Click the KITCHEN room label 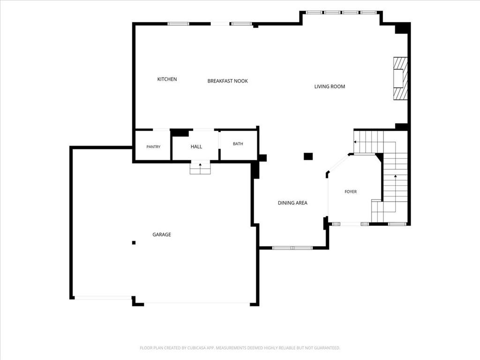point(167,79)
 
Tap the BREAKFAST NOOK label point(227,81)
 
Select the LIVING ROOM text point(330,87)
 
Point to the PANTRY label point(153,147)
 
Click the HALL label point(196,147)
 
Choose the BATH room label point(238,143)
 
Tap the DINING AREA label point(292,203)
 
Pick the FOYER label point(351,192)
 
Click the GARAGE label point(162,234)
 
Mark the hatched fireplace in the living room point(400,78)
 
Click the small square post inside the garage point(134,243)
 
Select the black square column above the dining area point(308,156)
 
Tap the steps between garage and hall point(201,168)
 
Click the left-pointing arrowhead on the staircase point(355,142)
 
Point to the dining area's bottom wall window point(292,247)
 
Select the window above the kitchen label point(179,23)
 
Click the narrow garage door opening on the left point(103,298)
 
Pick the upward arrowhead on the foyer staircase point(396,176)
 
